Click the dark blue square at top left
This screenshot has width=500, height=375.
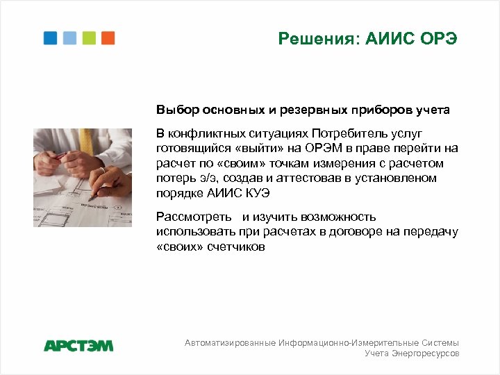pos(50,38)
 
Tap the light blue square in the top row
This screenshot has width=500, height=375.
pos(69,38)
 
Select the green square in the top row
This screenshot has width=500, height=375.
pos(89,38)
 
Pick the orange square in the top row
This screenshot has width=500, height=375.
pos(108,38)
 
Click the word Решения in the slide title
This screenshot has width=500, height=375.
pos(310,38)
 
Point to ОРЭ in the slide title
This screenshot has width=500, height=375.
pos(439,38)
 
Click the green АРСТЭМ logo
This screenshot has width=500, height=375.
pos(78,345)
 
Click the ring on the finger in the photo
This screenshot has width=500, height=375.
pos(102,169)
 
